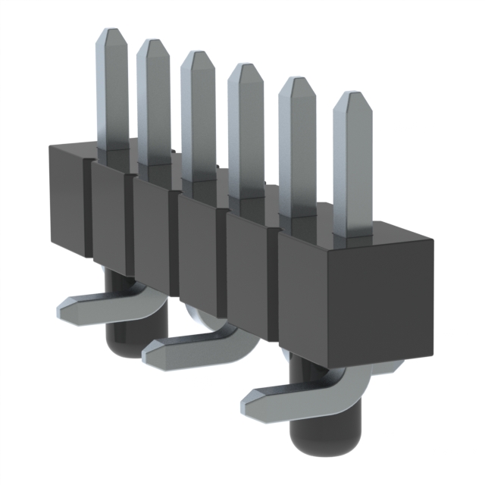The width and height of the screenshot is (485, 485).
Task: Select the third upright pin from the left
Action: pos(197,114)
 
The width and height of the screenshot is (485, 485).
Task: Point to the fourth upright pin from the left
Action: pos(244,129)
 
